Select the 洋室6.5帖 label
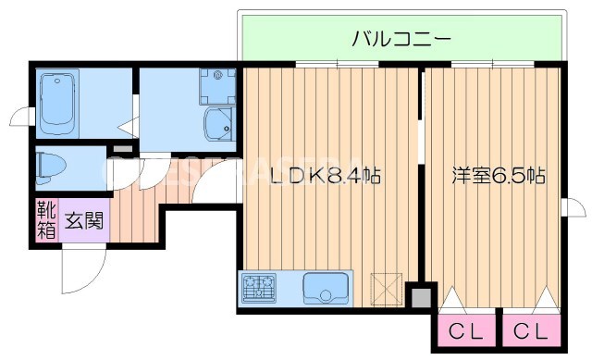point(498,175)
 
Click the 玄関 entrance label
point(84,222)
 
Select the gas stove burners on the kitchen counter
point(259,289)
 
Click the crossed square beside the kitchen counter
point(386,288)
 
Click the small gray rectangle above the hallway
point(121,148)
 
